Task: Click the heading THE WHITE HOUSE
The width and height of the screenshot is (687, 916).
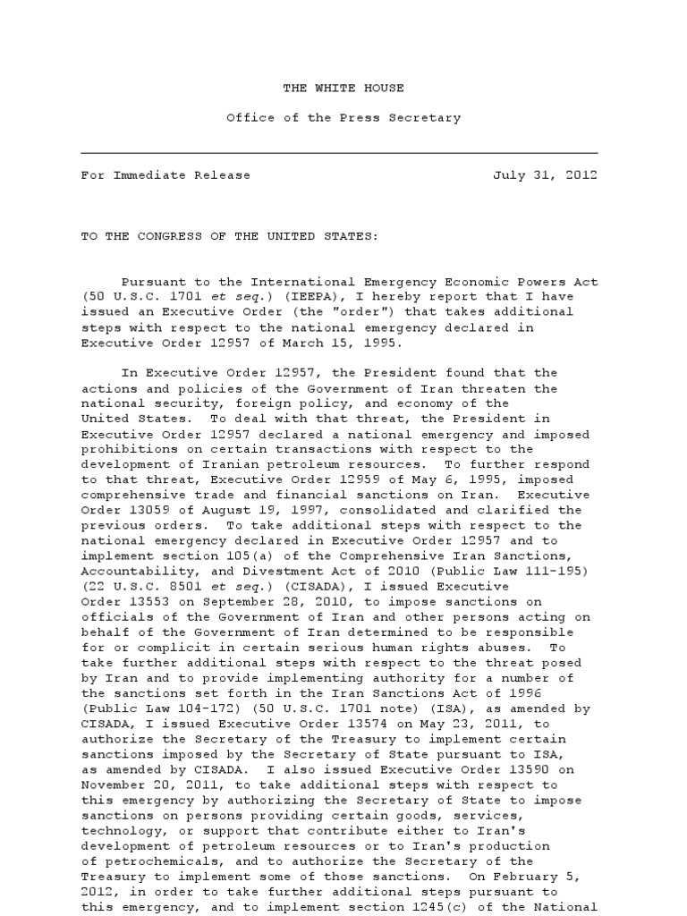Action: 343,88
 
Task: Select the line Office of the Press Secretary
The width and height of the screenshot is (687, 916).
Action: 343,117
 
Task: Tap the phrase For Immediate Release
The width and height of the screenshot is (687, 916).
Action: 165,175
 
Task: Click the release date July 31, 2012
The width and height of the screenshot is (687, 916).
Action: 546,175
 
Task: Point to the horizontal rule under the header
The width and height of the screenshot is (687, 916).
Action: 339,153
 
